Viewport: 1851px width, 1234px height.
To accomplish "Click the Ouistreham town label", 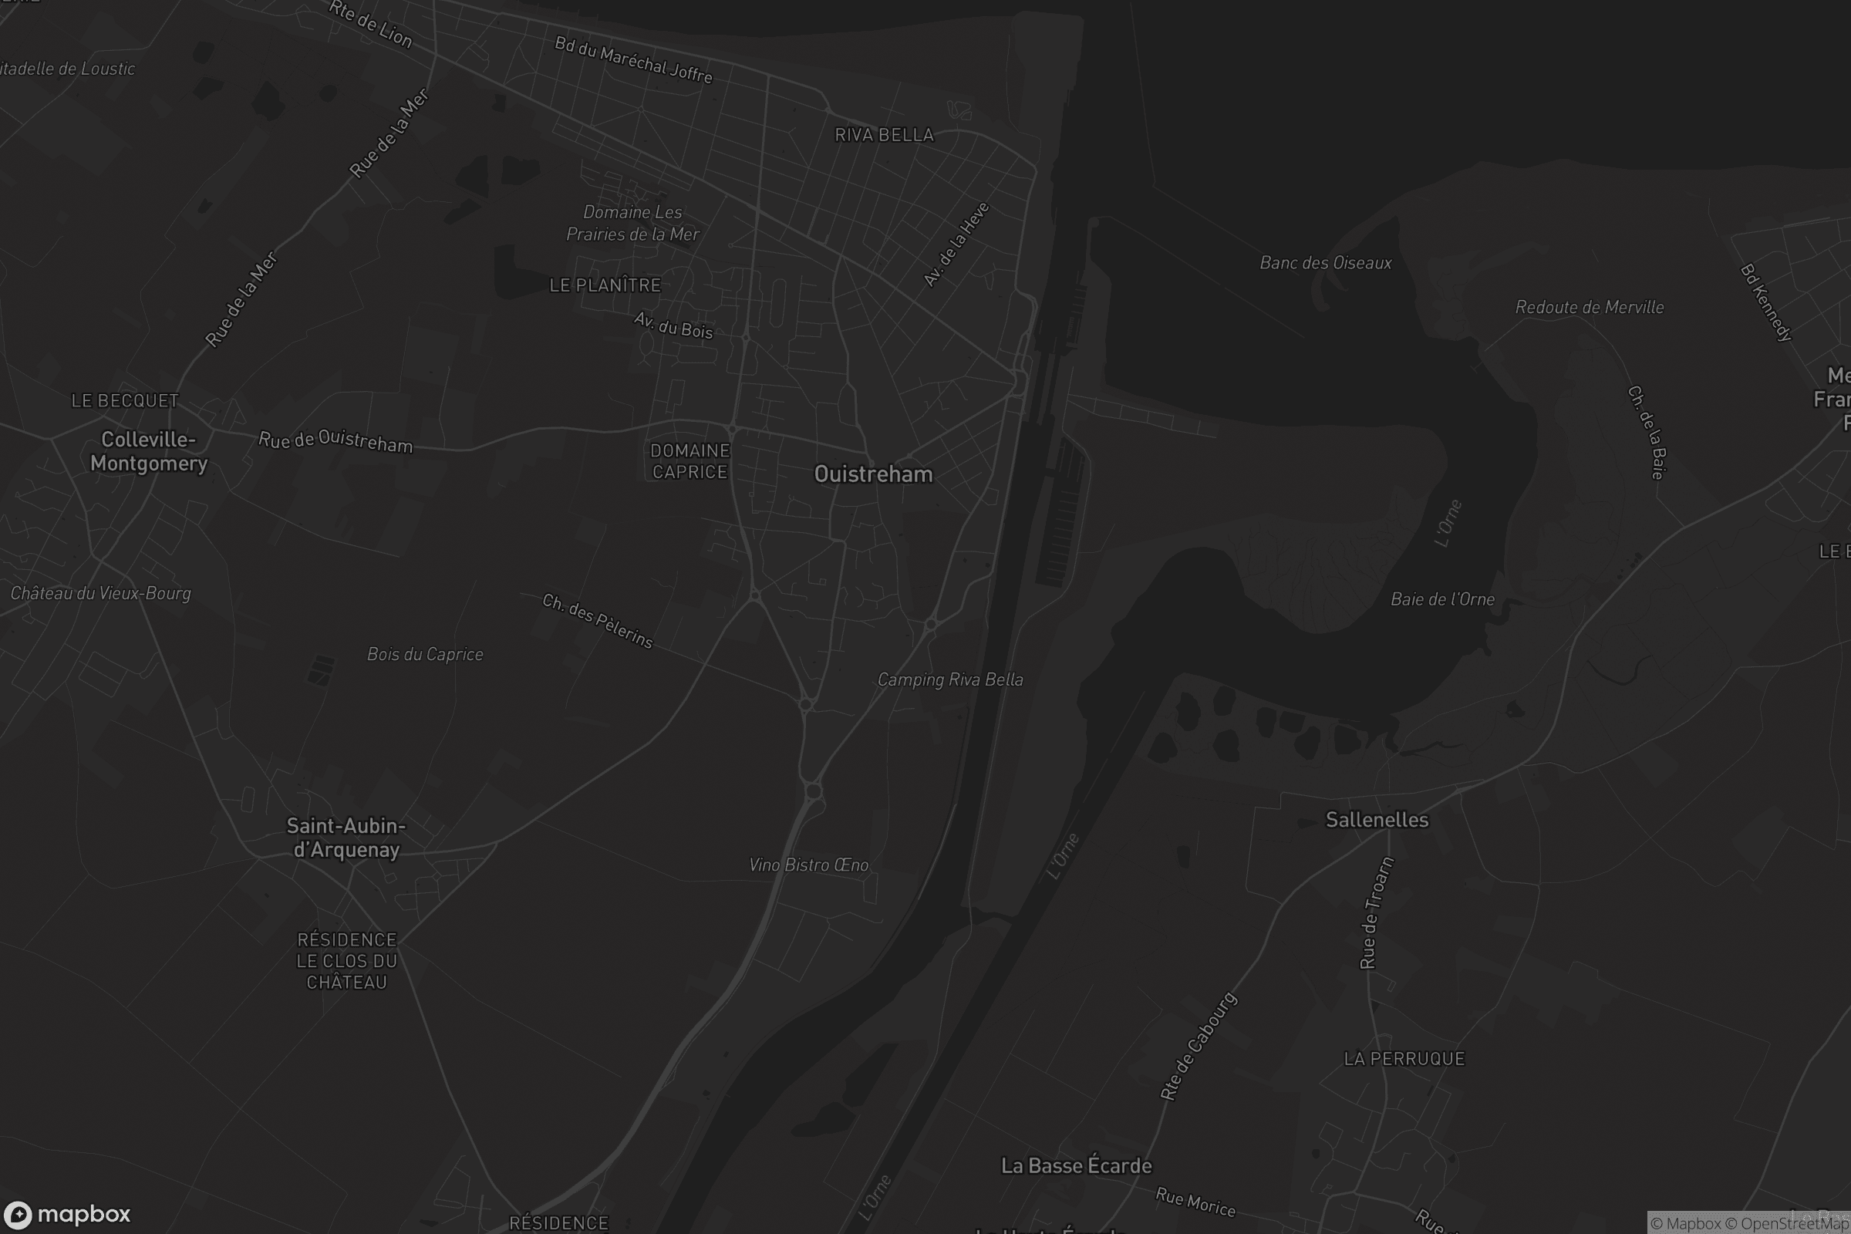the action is pos(873,474).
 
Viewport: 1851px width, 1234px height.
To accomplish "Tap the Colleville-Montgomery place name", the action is pos(149,451).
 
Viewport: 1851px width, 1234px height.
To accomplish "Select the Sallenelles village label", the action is pos(1377,819).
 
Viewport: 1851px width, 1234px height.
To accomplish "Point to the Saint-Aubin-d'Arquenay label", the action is pos(346,838).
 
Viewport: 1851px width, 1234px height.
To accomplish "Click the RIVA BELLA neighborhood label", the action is pos(884,134).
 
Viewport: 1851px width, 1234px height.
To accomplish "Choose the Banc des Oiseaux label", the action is pos(1325,263).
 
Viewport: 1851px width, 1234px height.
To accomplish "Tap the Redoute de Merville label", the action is pos(1589,307).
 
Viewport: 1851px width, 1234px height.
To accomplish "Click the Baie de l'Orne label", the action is pos(1441,599).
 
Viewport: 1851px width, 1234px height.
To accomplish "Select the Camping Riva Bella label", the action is pos(950,679).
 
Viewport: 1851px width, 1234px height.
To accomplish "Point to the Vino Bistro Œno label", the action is pos(808,865).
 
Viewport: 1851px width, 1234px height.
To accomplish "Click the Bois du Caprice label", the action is pos(425,654).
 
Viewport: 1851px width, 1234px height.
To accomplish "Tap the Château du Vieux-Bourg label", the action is pos(101,593).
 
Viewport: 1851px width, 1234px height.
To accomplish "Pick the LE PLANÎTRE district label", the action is pos(605,285).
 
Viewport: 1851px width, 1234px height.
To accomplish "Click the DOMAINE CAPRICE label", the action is pos(689,461).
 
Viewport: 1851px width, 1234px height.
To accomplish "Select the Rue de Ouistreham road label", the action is pos(335,440).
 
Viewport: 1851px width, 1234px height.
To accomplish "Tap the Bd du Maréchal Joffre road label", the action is pos(633,60).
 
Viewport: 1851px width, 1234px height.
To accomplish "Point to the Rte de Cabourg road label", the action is pos(1199,1046).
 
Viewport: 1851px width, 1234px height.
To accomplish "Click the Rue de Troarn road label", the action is pos(1377,912).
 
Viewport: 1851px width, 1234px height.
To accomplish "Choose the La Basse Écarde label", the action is pos(1076,1165).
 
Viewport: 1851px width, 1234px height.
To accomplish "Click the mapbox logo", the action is pos(67,1214).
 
